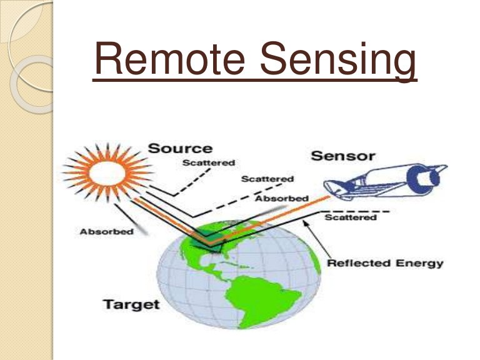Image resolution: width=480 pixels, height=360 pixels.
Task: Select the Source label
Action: pyautogui.click(x=179, y=149)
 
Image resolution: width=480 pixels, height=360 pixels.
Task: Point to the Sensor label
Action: pyautogui.click(x=342, y=155)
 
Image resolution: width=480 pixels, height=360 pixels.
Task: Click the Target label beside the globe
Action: pyautogui.click(x=131, y=305)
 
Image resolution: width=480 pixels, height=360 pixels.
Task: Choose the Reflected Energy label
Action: pyautogui.click(x=385, y=263)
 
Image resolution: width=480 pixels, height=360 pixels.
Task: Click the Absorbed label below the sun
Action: pyautogui.click(x=106, y=232)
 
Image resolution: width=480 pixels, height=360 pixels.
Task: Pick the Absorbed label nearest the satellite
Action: pyautogui.click(x=282, y=199)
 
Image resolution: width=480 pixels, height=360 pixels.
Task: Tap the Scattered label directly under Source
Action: pyautogui.click(x=209, y=163)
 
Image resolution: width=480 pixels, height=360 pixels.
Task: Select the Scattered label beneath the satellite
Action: pyautogui.click(x=351, y=217)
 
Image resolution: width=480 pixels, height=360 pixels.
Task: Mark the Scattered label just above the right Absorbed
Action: pyautogui.click(x=267, y=179)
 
